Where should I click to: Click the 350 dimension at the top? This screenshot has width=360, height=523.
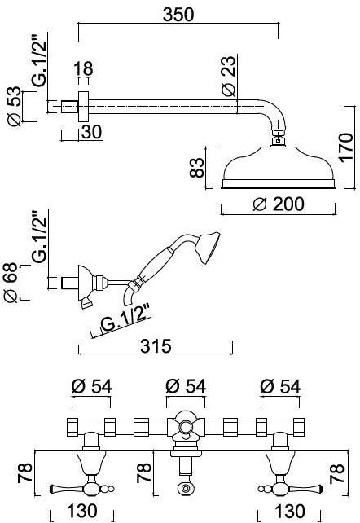coord(178,15)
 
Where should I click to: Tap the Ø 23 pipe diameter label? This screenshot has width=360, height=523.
coord(229,77)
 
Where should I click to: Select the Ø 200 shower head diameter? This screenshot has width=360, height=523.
coord(279,204)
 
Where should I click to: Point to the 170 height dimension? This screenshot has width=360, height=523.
coord(346,147)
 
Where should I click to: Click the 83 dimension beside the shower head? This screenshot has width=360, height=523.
coord(196,168)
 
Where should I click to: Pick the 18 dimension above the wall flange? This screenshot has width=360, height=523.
coord(83,68)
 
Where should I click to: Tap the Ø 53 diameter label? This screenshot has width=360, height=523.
coord(15,107)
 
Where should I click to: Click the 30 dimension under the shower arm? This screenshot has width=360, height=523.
coord(92,132)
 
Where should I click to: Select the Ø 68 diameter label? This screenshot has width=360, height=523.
coord(11,283)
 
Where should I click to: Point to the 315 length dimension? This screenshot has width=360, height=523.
coord(156,346)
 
